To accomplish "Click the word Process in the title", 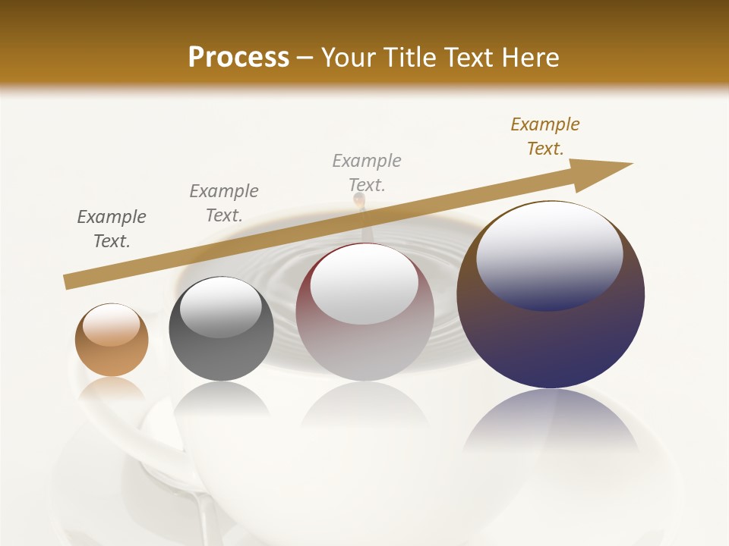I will (x=238, y=57).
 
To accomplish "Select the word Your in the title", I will (x=349, y=57).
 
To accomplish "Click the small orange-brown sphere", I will (x=112, y=340).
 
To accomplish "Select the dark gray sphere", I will (x=221, y=328).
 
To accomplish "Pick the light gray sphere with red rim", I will (x=364, y=312).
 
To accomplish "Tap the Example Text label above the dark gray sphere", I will (x=224, y=203).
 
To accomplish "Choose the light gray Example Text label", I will (x=367, y=172).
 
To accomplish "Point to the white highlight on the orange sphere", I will (x=112, y=325).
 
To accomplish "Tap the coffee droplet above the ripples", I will (x=359, y=201).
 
